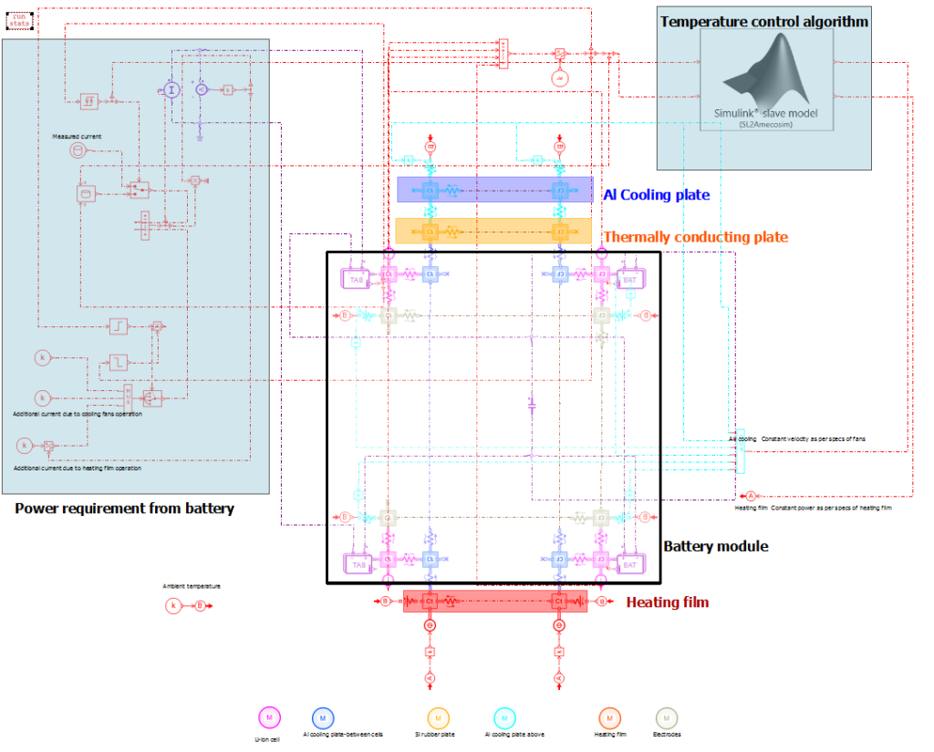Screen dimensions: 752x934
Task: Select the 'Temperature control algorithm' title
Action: pyautogui.click(x=763, y=21)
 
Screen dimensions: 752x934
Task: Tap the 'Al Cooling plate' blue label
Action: pyautogui.click(x=656, y=194)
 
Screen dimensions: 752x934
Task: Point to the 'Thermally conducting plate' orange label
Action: pyautogui.click(x=696, y=237)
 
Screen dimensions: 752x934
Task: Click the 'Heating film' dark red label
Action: pyautogui.click(x=667, y=603)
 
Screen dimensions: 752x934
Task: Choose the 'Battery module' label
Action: pyautogui.click(x=715, y=546)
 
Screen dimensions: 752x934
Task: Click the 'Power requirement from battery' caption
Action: pyautogui.click(x=124, y=509)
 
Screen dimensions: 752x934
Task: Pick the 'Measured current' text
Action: pyautogui.click(x=77, y=136)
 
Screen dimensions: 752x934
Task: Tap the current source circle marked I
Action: pyautogui.click(x=169, y=88)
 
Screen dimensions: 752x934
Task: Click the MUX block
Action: pyautogui.click(x=503, y=53)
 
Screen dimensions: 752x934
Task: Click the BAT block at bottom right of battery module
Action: pyautogui.click(x=630, y=565)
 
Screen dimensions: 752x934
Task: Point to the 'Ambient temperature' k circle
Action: pyautogui.click(x=172, y=605)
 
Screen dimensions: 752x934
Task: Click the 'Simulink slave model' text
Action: pyautogui.click(x=765, y=113)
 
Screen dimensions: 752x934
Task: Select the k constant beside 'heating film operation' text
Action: pyautogui.click(x=26, y=445)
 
